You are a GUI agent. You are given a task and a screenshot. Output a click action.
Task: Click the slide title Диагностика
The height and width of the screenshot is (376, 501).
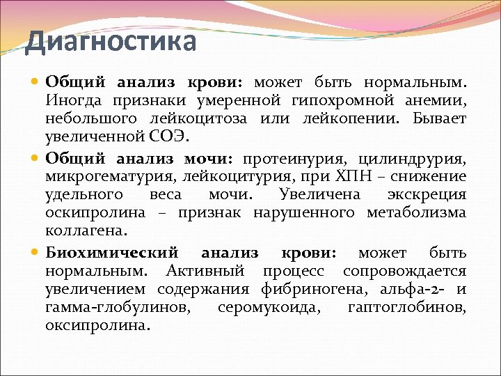pos(111,42)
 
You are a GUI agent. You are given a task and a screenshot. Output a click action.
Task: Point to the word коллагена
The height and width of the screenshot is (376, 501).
pos(86,229)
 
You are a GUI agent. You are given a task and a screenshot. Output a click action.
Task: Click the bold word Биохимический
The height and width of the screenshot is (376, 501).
pos(111,252)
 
